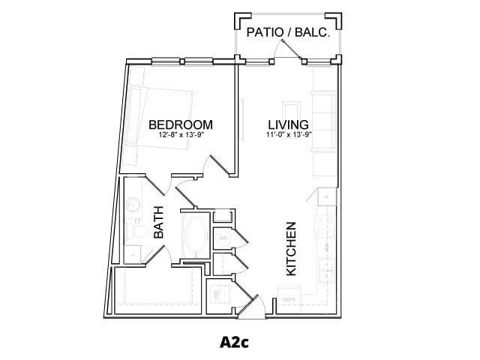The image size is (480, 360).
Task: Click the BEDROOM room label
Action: coord(181,124)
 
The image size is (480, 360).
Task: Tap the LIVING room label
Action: coord(289,124)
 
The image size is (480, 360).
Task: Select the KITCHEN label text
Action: coord(292,248)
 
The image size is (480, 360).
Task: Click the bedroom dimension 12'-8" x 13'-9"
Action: coord(181,136)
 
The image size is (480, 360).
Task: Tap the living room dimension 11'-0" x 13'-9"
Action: coord(289,136)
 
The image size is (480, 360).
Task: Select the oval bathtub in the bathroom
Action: coord(196,235)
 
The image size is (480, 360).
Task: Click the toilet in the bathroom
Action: coord(135,228)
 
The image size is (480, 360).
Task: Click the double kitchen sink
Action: coord(326,268)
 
